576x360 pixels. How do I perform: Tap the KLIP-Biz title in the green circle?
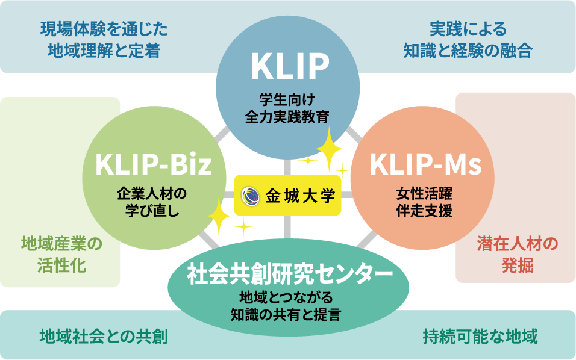pyautogui.click(x=154, y=164)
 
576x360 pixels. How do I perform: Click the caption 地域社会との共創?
pyautogui.click(x=103, y=335)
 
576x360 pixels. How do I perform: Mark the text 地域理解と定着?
pyautogui.click(x=104, y=51)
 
